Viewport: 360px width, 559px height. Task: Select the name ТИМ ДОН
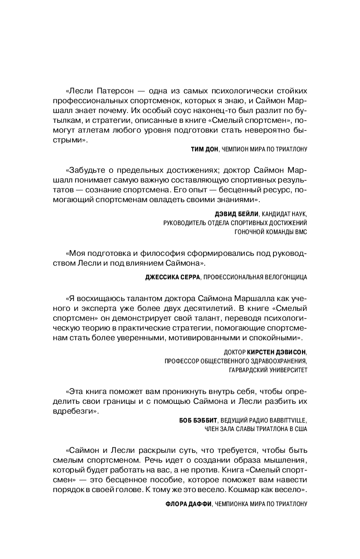coord(204,149)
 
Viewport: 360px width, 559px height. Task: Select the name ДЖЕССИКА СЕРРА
coord(172,277)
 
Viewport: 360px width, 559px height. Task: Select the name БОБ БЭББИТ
coord(198,420)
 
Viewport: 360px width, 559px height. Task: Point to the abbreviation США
coord(300,429)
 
